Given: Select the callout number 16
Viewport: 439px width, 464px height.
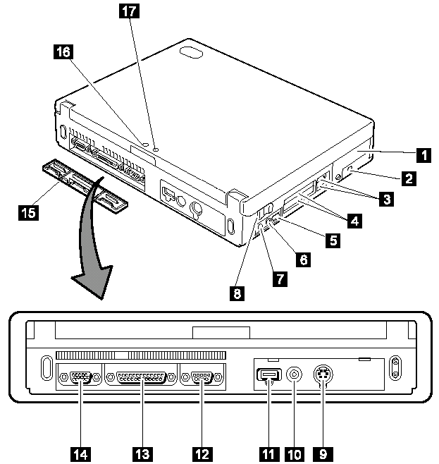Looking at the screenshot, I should pyautogui.click(x=62, y=51).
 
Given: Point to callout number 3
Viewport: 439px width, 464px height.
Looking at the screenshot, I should pyautogui.click(x=385, y=200).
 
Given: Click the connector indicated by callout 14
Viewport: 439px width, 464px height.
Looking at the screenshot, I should pyautogui.click(x=80, y=378).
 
